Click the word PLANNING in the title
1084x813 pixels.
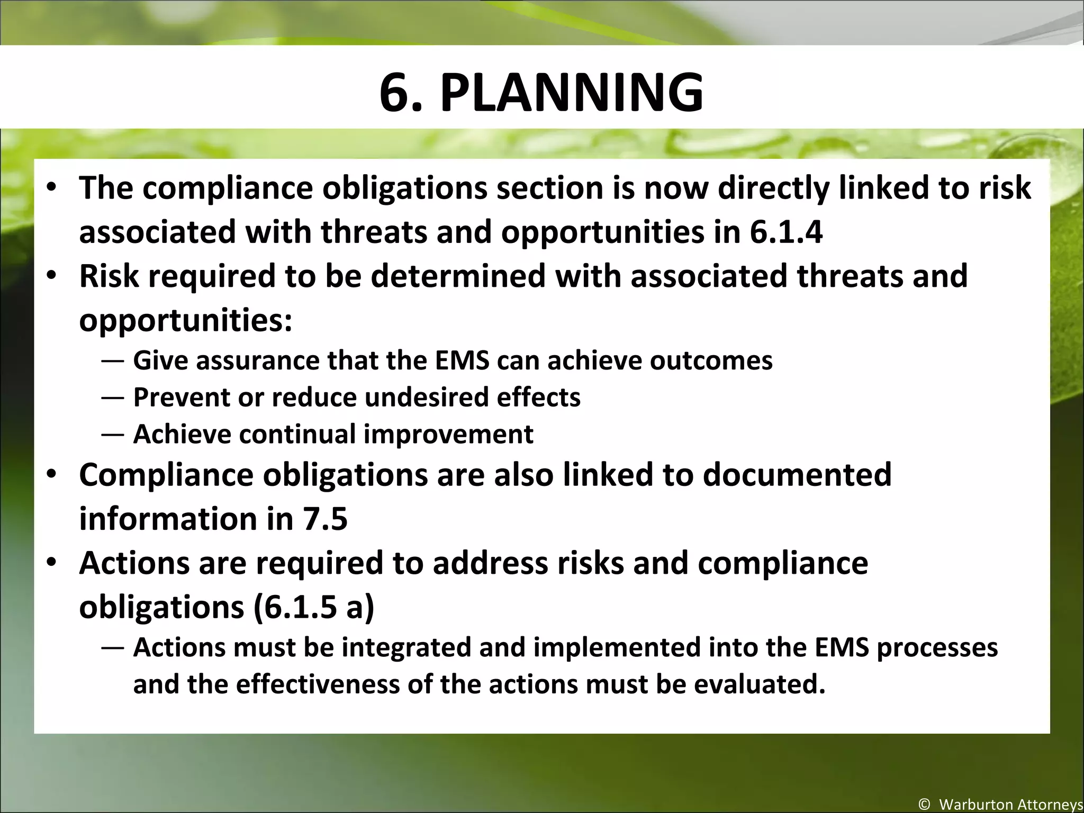click(x=572, y=93)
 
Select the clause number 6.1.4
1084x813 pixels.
click(x=786, y=232)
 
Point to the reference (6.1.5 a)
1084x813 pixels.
click(x=313, y=607)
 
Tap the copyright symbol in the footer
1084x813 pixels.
click(x=924, y=805)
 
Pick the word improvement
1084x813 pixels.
click(x=448, y=434)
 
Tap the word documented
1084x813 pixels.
click(x=797, y=474)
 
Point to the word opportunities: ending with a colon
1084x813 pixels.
click(x=185, y=321)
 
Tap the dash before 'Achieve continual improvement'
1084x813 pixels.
click(x=113, y=435)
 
